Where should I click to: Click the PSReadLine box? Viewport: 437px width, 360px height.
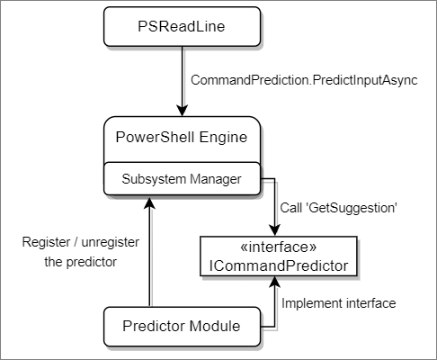tap(182, 29)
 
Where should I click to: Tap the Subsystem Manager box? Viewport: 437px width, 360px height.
tap(182, 178)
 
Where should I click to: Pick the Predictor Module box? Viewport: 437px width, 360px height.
tap(182, 326)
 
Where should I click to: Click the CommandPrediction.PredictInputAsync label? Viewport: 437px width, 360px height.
tap(305, 80)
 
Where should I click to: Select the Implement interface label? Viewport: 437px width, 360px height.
tap(338, 303)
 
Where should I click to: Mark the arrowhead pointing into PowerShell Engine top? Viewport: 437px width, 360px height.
tap(182, 111)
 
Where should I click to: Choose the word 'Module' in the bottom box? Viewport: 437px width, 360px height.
tap(215, 326)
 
